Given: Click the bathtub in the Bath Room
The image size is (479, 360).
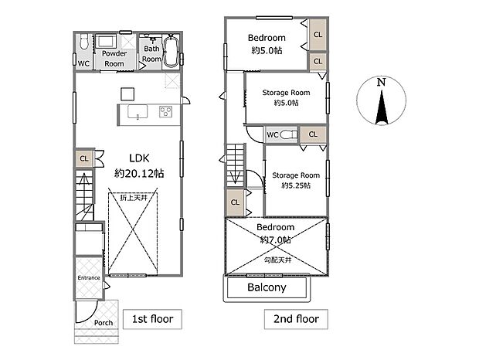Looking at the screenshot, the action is click(171, 51).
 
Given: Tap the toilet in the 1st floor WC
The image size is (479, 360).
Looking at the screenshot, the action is click(83, 42).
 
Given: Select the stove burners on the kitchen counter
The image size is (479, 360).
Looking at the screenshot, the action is click(165, 111).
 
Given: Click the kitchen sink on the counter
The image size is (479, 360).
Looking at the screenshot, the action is click(138, 112).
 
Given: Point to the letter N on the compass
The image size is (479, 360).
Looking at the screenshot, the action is click(381, 82).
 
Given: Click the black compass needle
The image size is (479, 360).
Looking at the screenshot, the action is click(382, 107).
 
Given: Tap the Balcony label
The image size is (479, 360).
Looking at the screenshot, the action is click(267, 287).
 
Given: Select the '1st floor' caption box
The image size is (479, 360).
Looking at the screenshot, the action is click(152, 319).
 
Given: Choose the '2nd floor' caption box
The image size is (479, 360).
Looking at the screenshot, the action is click(296, 319).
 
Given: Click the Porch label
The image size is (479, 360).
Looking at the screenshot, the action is click(104, 323).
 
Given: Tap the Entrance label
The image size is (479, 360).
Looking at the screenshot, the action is click(89, 278).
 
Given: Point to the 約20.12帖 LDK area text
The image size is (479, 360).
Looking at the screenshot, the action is click(139, 174).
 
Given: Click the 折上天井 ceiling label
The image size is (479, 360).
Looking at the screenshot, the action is click(134, 198).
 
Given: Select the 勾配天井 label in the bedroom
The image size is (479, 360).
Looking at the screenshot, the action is click(277, 260).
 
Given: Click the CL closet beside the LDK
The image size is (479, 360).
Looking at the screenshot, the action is click(84, 158).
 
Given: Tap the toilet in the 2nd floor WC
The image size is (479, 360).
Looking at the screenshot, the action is click(288, 134).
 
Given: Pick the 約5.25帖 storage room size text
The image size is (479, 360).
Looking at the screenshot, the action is click(296, 185).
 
